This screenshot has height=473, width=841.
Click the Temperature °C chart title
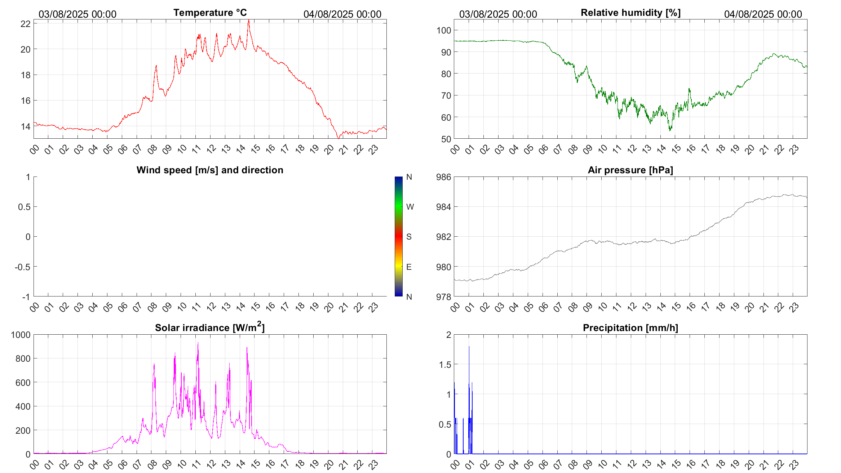coord(210,13)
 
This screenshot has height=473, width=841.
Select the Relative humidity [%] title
coord(630,13)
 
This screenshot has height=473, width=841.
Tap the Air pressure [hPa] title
coord(630,170)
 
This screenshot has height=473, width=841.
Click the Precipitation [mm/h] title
coord(630,328)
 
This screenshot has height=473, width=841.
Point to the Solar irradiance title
coord(210,327)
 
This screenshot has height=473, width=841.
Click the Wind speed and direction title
coord(210,170)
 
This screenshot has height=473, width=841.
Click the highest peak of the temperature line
coord(249,21)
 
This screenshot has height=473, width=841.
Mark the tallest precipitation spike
coord(469,347)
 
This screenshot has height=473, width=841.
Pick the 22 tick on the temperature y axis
coord(26,24)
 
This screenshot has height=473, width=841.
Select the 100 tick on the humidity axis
coord(444,30)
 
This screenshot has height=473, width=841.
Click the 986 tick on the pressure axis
coord(444,177)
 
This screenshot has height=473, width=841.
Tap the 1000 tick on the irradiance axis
coord(21,335)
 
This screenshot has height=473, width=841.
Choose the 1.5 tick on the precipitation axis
coord(445,365)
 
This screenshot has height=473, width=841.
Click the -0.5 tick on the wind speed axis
coord(23,267)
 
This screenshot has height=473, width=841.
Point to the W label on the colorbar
coord(410,207)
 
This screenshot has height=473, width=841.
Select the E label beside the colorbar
coord(409,267)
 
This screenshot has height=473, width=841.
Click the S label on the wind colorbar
coord(409,237)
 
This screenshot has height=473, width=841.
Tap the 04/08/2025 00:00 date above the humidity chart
coord(763,14)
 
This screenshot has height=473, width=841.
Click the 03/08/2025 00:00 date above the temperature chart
coord(78,14)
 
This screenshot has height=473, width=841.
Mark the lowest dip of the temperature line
coord(338,138)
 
